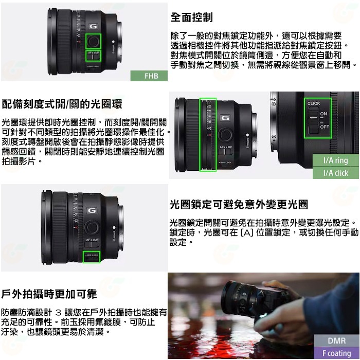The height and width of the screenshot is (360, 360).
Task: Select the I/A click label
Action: (x=335, y=173)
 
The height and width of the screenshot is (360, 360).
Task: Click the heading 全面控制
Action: (x=191, y=17)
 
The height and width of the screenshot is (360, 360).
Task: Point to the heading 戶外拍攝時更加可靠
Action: (x=49, y=294)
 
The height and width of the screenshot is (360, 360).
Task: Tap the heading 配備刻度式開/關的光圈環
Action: (x=62, y=104)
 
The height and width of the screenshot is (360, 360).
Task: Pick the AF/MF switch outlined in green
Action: (x=93, y=55)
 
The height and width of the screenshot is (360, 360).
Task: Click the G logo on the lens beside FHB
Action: (x=93, y=26)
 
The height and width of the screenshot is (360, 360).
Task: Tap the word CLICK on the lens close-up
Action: (x=314, y=103)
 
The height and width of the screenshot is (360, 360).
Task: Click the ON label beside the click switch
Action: (x=323, y=114)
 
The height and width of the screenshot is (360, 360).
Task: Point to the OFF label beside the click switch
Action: (x=324, y=126)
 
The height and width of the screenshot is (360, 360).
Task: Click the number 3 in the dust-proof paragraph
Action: (x=58, y=312)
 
